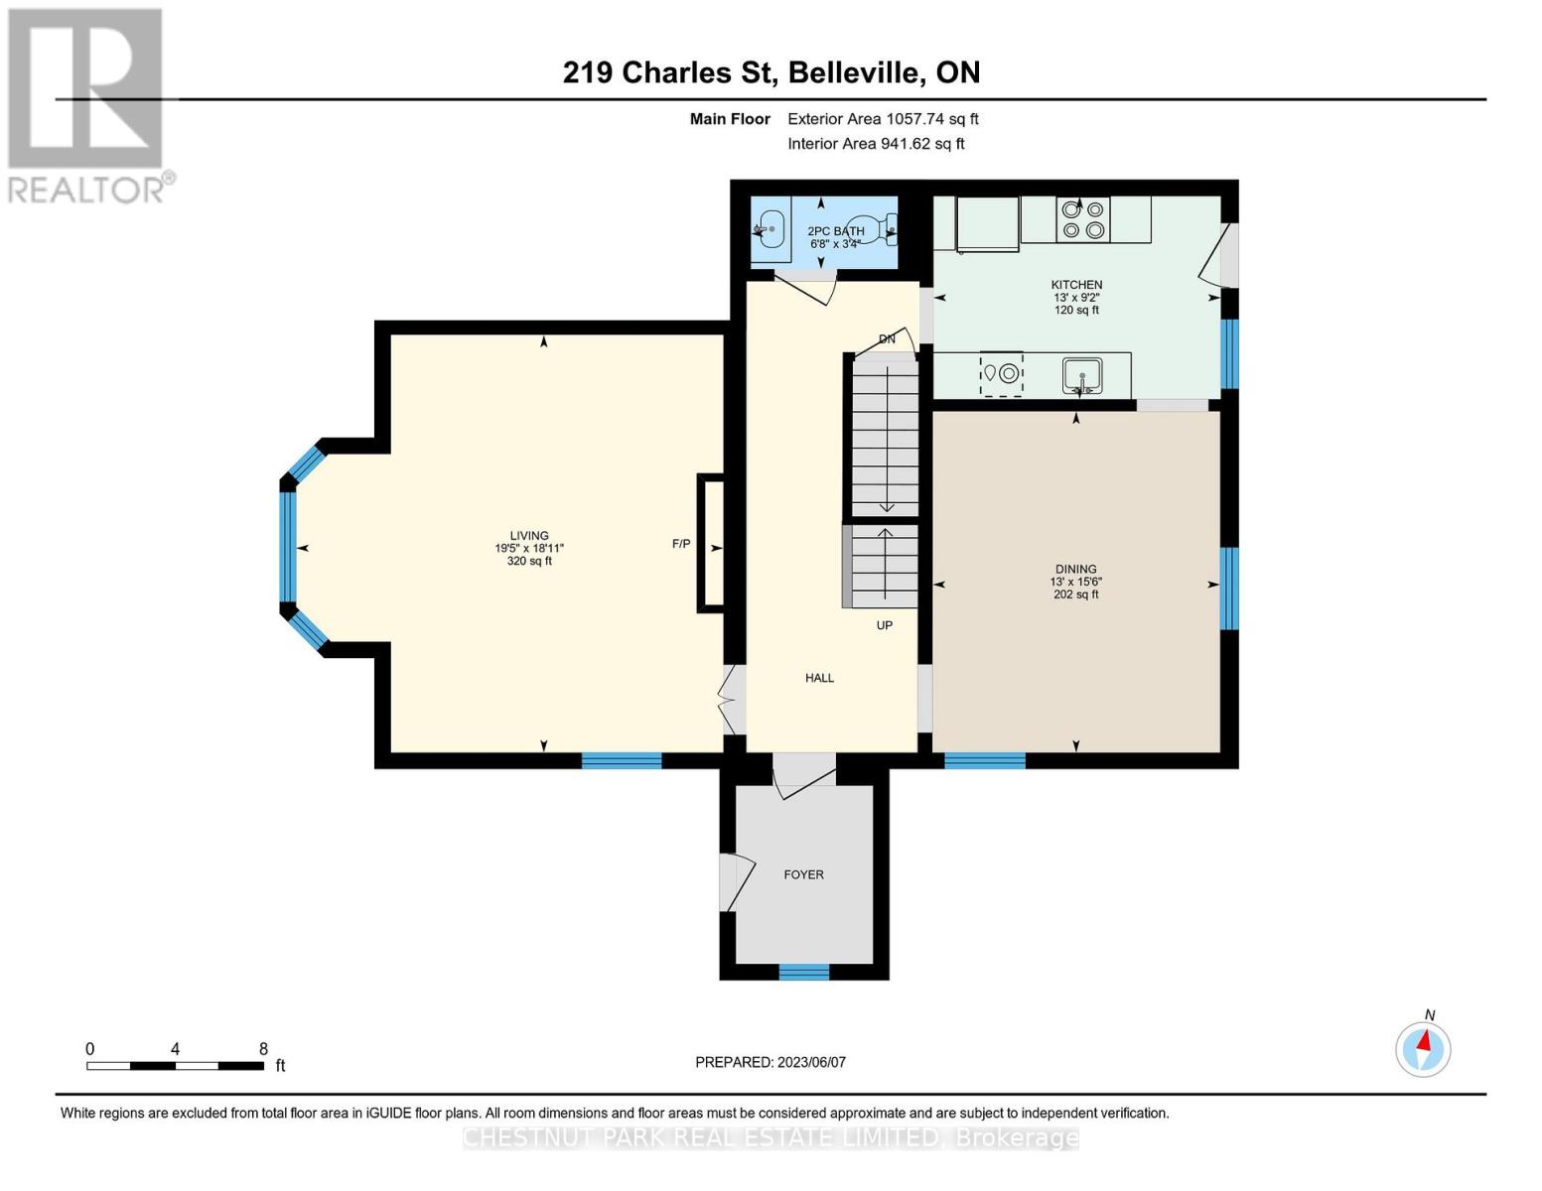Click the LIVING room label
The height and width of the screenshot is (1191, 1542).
[529, 536]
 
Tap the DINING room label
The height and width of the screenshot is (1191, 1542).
[1076, 570]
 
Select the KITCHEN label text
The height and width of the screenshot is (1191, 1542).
[1076, 285]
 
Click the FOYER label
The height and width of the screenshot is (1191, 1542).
[803, 874]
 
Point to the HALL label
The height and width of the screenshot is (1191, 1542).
[819, 678]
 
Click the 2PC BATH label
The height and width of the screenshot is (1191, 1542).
[835, 231]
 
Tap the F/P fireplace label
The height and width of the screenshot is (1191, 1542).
[681, 544]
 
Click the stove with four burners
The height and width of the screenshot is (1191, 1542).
[1083, 219]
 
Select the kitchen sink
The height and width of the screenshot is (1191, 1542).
[1081, 375]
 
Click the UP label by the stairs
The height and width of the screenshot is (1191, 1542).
[884, 625]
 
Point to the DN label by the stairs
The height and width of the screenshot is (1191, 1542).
[887, 339]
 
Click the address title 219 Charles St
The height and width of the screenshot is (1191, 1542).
[771, 72]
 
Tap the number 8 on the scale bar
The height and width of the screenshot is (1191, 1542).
[263, 1049]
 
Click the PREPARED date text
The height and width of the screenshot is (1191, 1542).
[771, 1062]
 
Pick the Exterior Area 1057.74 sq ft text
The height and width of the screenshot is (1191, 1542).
[883, 119]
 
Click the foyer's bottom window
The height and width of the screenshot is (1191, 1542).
[803, 972]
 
